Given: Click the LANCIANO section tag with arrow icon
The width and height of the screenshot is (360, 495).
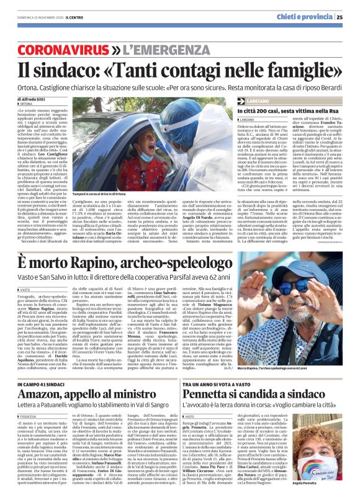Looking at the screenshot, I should [x=256, y=100].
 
